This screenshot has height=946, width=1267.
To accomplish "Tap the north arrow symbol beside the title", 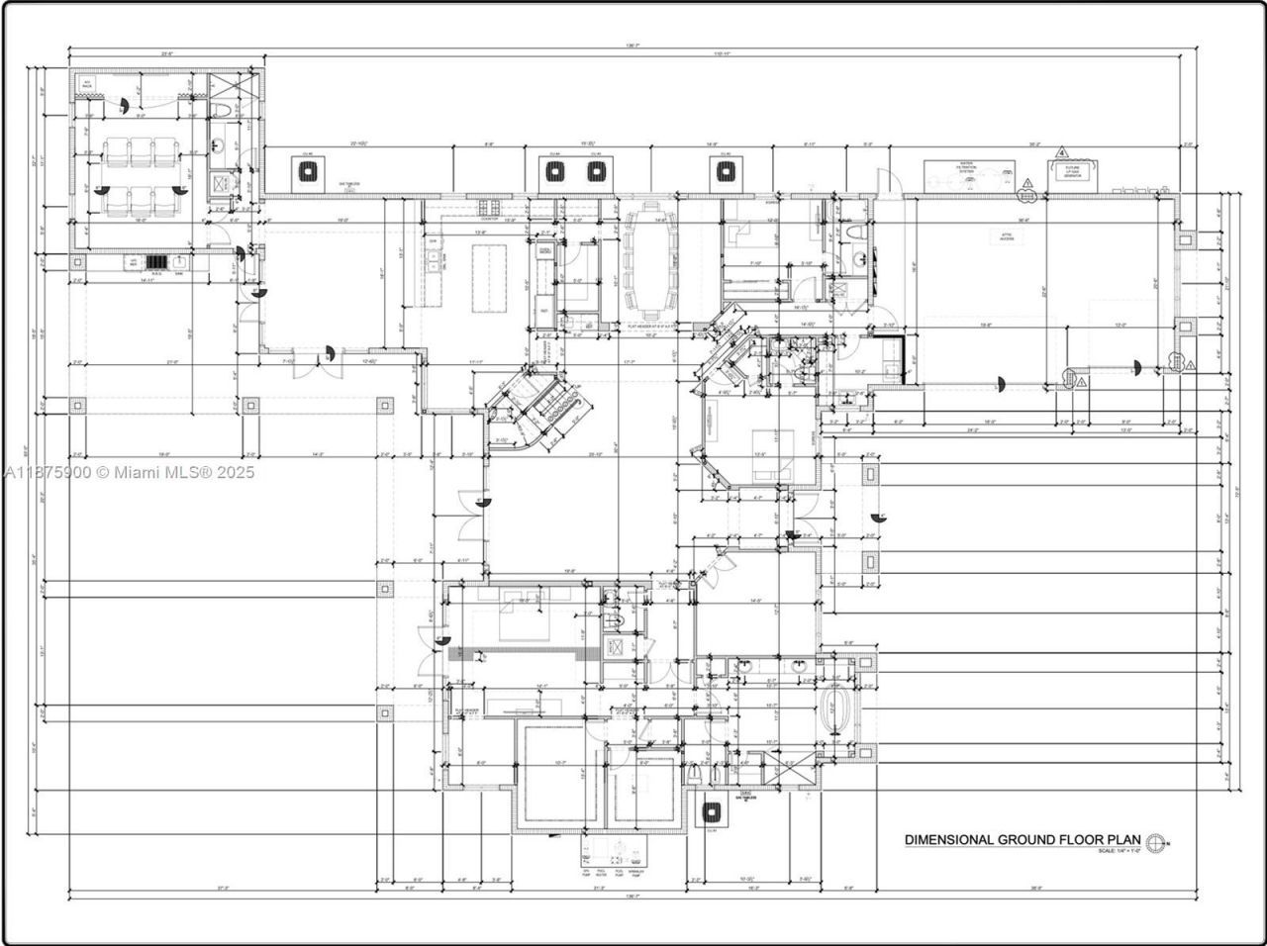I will pyautogui.click(x=1157, y=841).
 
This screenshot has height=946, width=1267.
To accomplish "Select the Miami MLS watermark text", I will pyautogui.click(x=129, y=473).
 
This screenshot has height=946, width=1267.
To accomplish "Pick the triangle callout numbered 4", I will pyautogui.click(x=1062, y=153).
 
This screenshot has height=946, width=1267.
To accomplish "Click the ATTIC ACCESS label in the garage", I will pyautogui.click(x=1007, y=236).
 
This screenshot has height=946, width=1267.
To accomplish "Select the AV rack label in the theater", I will pyautogui.click(x=87, y=84).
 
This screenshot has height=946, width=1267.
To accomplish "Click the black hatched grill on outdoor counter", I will pyautogui.click(x=156, y=262).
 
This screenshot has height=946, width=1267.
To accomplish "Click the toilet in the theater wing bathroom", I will pyautogui.click(x=222, y=109).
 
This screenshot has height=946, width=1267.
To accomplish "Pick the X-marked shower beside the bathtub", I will pyautogui.click(x=791, y=771).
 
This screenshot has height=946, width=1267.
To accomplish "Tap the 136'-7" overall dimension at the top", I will pyautogui.click(x=633, y=46).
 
